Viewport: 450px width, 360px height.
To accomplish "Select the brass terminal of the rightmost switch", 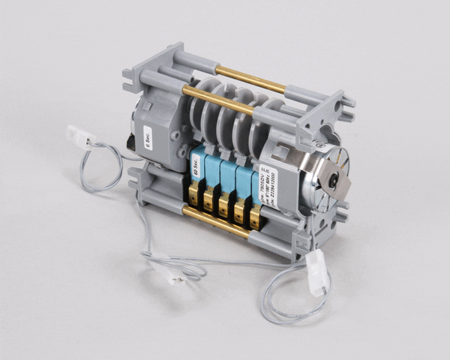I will (x=255, y=217).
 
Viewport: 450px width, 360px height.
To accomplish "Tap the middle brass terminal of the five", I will (x=223, y=205).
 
